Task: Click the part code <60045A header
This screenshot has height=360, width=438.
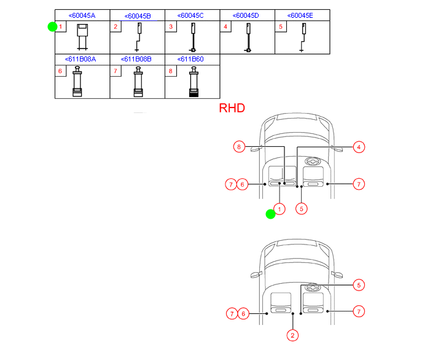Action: [82, 15]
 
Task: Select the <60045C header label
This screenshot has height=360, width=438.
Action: [192, 15]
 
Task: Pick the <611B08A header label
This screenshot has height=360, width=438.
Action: [82, 59]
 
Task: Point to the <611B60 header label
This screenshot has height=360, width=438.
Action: [191, 59]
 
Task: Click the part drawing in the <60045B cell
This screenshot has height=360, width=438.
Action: [139, 37]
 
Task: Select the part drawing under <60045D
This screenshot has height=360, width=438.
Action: [249, 38]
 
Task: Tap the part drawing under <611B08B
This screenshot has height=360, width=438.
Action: [139, 82]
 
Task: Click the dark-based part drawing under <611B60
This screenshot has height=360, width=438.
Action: [194, 83]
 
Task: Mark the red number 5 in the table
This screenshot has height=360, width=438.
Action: [281, 27]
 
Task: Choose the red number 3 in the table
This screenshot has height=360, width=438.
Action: [171, 27]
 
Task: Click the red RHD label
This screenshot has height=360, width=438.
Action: [232, 108]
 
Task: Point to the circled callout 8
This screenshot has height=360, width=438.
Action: [240, 147]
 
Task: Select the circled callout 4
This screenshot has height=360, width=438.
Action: [359, 147]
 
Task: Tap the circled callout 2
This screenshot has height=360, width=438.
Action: [293, 335]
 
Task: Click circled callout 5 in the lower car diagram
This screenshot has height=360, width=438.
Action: [359, 284]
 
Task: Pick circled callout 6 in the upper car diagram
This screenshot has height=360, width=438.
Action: [243, 184]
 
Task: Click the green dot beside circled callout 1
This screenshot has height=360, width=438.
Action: [270, 214]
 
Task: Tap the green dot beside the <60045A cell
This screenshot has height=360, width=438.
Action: [52, 26]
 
